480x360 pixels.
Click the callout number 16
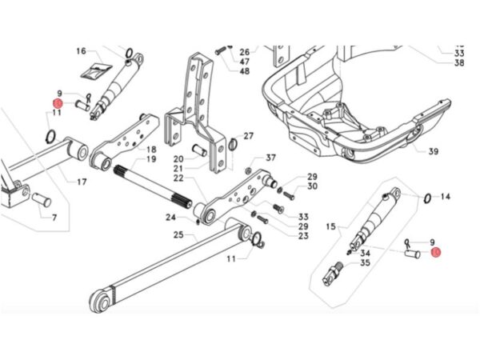81,51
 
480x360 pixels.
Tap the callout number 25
180,235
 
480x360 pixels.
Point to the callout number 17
82,182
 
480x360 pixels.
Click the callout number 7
54,218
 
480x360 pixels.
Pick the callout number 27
248,136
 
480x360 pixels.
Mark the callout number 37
270,158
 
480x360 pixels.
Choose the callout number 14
446,197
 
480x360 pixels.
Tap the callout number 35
365,262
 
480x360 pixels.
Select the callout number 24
170,217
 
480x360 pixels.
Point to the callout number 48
244,70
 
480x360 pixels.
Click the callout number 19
150,159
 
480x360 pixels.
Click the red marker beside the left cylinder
57,104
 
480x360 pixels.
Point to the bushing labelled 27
232,144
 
